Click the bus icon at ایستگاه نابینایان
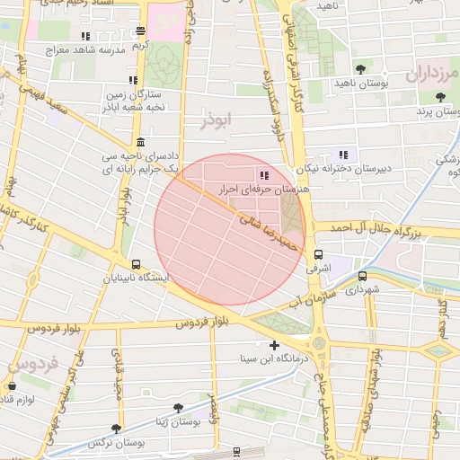(x=136, y=264)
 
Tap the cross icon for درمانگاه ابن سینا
(x=274, y=345)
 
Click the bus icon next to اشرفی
(x=318, y=255)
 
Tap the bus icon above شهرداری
(x=363, y=277)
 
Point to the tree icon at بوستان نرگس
(x=116, y=429)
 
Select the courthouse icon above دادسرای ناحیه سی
(x=140, y=143)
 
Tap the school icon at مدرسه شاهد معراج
(x=85, y=37)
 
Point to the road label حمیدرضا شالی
(x=265, y=230)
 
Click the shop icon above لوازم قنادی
(x=12, y=386)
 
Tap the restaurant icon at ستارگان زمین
(x=133, y=81)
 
